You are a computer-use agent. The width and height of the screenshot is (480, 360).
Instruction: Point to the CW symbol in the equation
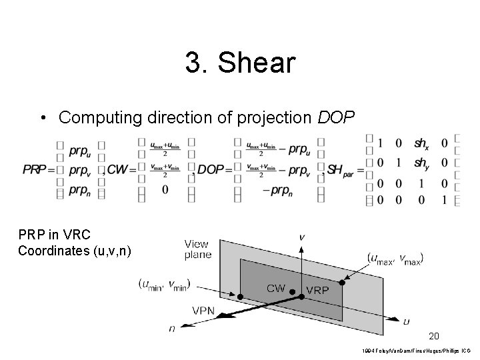[x=118, y=170]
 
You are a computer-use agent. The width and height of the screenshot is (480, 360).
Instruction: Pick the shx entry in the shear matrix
[x=421, y=143]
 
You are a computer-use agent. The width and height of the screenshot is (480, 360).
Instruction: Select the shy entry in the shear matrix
[x=421, y=162]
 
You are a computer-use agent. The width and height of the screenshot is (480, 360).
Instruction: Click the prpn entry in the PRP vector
[x=79, y=191]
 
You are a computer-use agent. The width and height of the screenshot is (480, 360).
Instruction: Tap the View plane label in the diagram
[x=198, y=249]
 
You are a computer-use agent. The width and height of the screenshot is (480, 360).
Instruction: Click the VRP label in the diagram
[x=317, y=290]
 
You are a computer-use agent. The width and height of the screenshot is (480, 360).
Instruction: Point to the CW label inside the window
[x=277, y=289]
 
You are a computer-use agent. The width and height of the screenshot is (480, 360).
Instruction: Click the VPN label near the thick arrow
[x=203, y=310]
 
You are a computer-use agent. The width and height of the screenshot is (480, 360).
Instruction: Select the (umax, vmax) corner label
[x=395, y=257]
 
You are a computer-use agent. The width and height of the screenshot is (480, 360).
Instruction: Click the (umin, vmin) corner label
[x=164, y=284]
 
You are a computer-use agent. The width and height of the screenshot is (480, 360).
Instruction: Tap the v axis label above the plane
[x=302, y=236]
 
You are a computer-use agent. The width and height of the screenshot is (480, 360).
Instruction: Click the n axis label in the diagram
[x=172, y=327]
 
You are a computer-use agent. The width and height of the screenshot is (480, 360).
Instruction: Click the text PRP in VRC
[x=50, y=236]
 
